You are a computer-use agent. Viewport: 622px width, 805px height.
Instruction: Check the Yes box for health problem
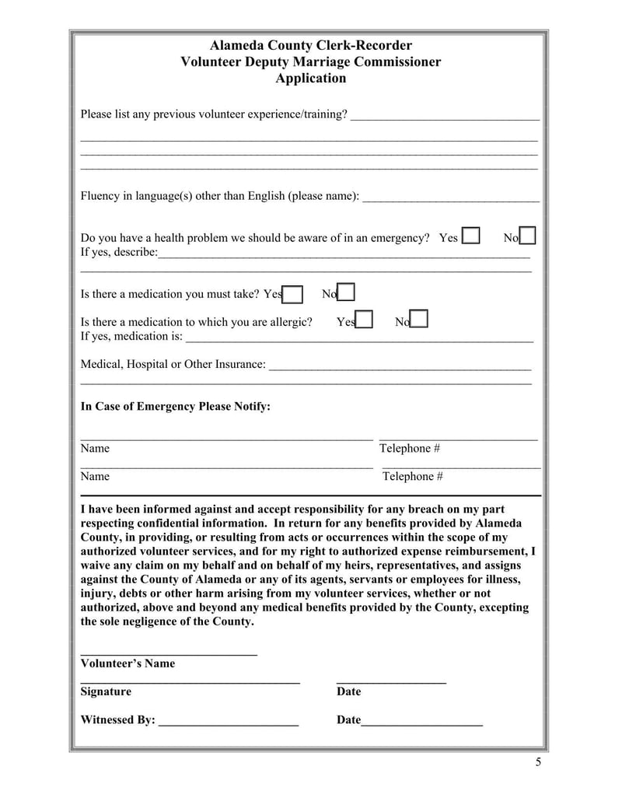[470, 236]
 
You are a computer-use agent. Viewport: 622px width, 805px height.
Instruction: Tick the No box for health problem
[527, 236]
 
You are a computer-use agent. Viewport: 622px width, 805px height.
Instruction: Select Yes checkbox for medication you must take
[293, 294]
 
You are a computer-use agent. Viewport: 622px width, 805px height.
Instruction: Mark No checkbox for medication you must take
[347, 292]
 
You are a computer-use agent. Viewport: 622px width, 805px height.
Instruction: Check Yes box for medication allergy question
[364, 320]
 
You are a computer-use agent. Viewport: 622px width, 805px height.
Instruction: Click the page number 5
[538, 761]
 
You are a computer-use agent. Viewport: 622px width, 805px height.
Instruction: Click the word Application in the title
[311, 79]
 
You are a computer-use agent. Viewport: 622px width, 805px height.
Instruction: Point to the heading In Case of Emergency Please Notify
[176, 406]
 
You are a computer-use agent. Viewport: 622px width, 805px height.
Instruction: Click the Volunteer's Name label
[128, 663]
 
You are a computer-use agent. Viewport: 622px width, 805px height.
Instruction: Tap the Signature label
[106, 691]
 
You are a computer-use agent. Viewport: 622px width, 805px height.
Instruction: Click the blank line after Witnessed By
[229, 721]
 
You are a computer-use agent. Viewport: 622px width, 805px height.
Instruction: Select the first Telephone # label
[410, 448]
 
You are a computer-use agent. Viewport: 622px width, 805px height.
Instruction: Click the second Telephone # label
[412, 476]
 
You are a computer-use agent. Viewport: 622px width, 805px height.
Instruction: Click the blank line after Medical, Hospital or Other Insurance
[400, 365]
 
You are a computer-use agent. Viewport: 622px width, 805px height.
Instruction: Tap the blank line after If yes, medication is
[359, 338]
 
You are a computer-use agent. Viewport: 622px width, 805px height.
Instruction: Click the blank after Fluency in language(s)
[451, 197]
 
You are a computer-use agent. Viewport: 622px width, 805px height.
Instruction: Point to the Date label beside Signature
[348, 691]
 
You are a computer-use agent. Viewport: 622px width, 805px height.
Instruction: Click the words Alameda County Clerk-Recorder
[311, 46]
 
